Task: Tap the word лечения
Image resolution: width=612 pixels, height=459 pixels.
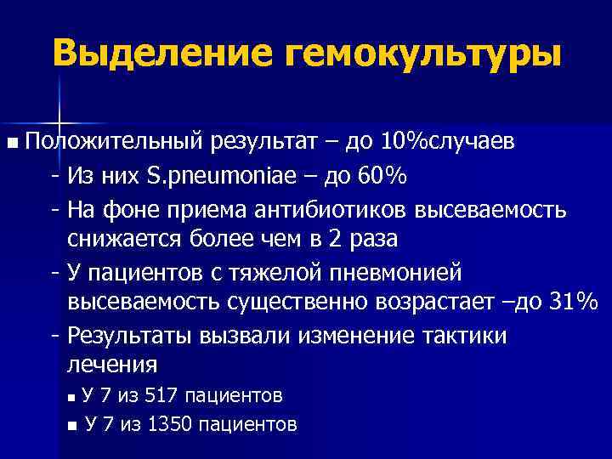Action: coord(111,365)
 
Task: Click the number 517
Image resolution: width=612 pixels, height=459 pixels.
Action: coord(162,396)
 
